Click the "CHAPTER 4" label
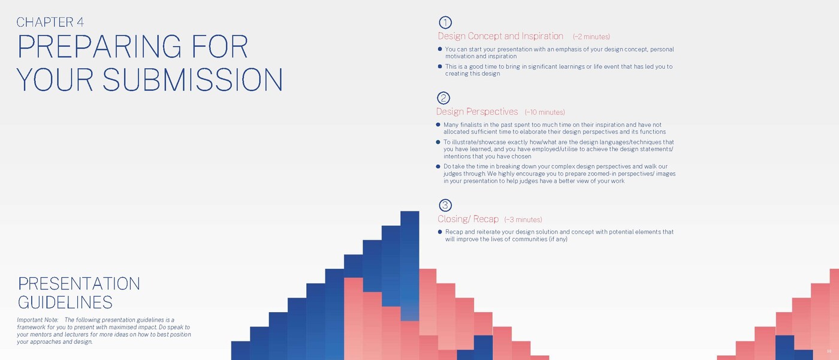[x=50, y=22]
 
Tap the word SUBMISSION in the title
[x=192, y=79]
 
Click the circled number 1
[x=445, y=22]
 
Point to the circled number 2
[x=443, y=98]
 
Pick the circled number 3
[x=445, y=205]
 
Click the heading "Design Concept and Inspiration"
[x=500, y=36]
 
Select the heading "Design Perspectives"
[x=477, y=111]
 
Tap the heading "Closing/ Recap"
[x=468, y=219]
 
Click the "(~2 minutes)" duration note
[x=591, y=37]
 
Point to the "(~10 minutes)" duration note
[x=545, y=112]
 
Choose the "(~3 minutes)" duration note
[x=523, y=220]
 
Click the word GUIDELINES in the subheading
[x=65, y=302]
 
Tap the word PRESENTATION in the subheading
[x=79, y=284]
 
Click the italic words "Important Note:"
[x=37, y=320]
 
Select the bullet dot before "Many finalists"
[x=438, y=125]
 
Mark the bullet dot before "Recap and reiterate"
[x=440, y=232]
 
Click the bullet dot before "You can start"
[x=440, y=49]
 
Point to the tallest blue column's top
[x=410, y=212]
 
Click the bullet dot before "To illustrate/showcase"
[x=438, y=142]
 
